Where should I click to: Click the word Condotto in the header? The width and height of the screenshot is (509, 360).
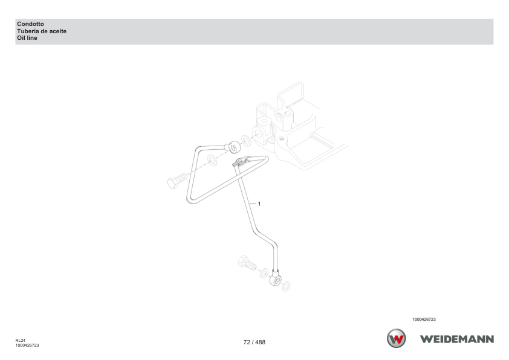(x=30, y=24)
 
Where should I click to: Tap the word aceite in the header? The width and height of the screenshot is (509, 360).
(x=58, y=31)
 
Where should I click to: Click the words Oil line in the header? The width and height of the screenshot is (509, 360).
(x=27, y=38)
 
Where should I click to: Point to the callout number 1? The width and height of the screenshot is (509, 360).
(x=259, y=204)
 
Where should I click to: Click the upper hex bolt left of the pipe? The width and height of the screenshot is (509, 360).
(x=177, y=181)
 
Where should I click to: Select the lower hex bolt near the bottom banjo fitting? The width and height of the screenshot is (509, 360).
(x=247, y=263)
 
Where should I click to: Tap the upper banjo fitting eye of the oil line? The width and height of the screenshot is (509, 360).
(x=234, y=147)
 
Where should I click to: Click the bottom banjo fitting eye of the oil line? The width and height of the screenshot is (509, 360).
(x=276, y=280)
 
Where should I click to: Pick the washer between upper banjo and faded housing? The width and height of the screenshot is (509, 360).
(x=247, y=141)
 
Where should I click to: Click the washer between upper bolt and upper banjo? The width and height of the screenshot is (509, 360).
(x=213, y=160)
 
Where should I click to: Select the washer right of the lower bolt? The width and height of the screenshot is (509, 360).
(x=264, y=273)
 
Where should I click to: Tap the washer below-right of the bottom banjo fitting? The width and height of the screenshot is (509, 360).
(x=286, y=286)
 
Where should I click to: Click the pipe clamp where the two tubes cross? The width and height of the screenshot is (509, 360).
(x=241, y=161)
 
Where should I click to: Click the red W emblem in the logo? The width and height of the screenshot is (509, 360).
(x=396, y=339)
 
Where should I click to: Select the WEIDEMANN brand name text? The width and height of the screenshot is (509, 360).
(x=457, y=339)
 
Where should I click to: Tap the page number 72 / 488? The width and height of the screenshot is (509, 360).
(x=254, y=342)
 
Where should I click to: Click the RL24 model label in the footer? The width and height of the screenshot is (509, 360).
(x=20, y=341)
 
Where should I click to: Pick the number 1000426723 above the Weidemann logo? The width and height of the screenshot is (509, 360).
(x=424, y=320)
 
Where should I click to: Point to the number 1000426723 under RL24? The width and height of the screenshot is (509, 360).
(x=27, y=346)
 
